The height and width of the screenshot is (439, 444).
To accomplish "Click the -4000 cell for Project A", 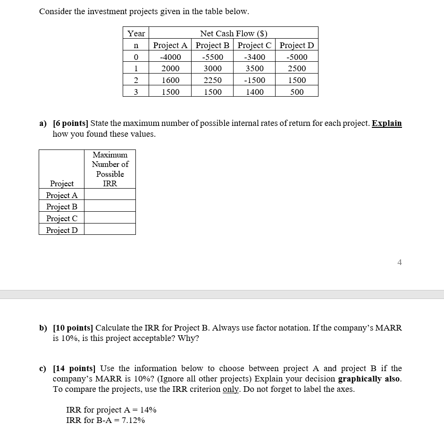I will pyautogui.click(x=170, y=57).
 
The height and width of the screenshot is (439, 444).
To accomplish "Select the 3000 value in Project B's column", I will pyautogui.click(x=212, y=69).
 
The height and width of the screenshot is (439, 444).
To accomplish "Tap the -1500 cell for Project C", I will pyautogui.click(x=254, y=80).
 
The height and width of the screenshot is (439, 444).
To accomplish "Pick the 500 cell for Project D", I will pyautogui.click(x=297, y=92).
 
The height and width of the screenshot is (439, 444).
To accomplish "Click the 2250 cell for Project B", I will pyautogui.click(x=212, y=80).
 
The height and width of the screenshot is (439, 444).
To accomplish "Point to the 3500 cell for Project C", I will pyautogui.click(x=254, y=69).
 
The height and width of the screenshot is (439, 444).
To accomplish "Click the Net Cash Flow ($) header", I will pyautogui.click(x=234, y=33).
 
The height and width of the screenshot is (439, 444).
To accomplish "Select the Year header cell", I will pyautogui.click(x=136, y=33).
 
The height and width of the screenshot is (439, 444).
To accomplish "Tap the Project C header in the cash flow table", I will pyautogui.click(x=254, y=45).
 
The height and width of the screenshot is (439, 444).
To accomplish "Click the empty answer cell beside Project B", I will pyautogui.click(x=110, y=206).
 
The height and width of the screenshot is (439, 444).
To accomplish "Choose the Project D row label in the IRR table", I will pyautogui.click(x=62, y=230).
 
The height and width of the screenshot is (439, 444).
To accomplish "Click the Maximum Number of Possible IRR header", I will pyautogui.click(x=110, y=169).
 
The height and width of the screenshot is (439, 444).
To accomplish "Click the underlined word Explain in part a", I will pyautogui.click(x=386, y=123).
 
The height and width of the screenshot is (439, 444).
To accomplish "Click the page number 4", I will pyautogui.click(x=400, y=263).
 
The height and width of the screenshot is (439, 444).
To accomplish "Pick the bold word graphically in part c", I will pyautogui.click(x=360, y=379).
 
